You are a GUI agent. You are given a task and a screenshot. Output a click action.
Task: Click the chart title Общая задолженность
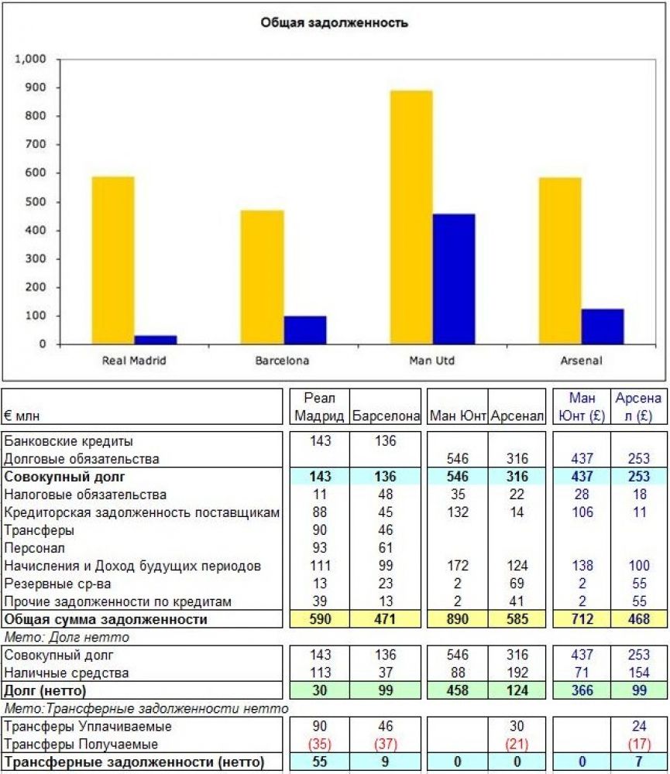[x=334, y=23]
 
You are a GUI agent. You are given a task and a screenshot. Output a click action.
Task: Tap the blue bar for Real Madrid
[x=156, y=340]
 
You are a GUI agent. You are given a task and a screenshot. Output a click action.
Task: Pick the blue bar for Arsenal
[x=602, y=327]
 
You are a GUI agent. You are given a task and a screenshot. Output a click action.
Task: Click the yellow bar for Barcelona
[x=263, y=277]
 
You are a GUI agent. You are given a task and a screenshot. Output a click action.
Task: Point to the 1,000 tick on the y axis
[x=32, y=59]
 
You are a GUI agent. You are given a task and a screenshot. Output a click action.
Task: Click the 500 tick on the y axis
[x=36, y=202]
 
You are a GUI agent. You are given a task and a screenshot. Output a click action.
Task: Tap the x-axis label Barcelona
[x=282, y=361]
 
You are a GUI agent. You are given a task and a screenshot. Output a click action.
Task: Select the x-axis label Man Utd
[x=431, y=361]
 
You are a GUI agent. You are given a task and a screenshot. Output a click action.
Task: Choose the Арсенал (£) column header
[x=638, y=407]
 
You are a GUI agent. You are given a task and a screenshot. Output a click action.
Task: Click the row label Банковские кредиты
[x=68, y=441]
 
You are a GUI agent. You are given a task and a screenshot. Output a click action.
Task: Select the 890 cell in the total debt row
[x=457, y=619]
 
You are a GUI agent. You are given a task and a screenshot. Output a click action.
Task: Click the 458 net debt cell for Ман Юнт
[x=457, y=690]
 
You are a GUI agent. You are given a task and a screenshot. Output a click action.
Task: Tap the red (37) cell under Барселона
[x=385, y=745]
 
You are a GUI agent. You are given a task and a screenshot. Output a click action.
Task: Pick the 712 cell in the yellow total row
[x=582, y=619]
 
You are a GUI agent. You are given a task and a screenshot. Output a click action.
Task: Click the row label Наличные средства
[x=66, y=673]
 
